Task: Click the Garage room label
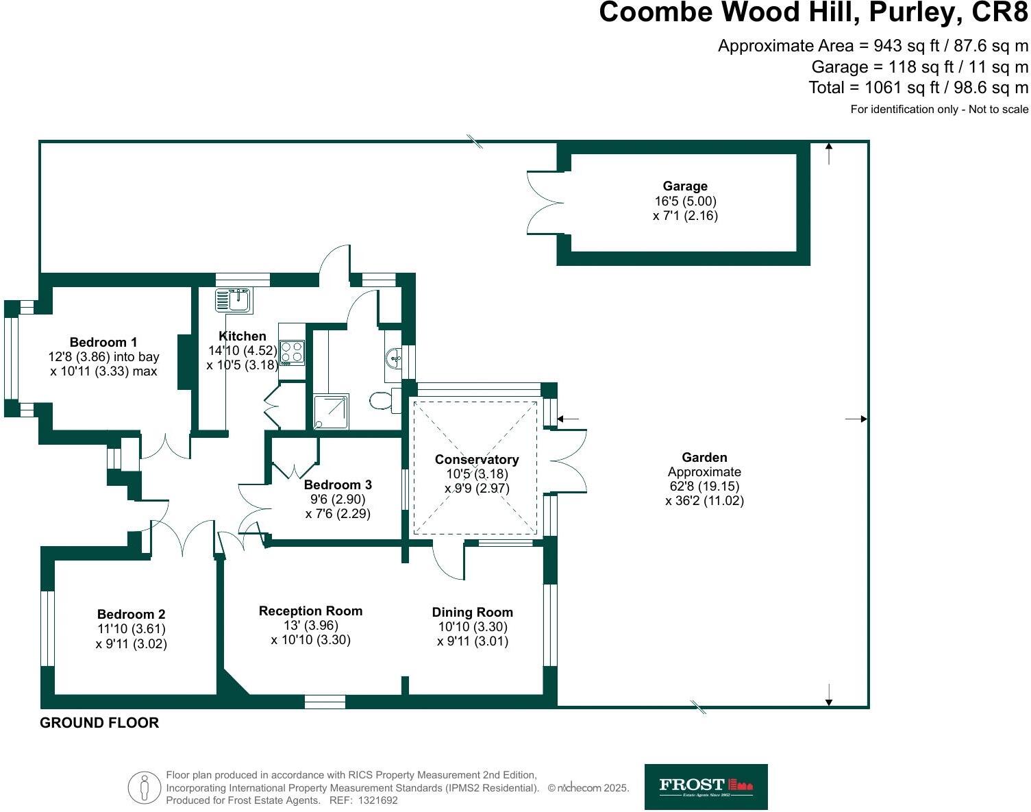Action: pyautogui.click(x=685, y=186)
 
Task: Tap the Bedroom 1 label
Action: pyautogui.click(x=103, y=342)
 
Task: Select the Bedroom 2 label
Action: pyautogui.click(x=131, y=614)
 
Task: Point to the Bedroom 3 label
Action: pyautogui.click(x=338, y=484)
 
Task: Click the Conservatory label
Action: pyautogui.click(x=477, y=459)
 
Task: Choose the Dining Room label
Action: pyautogui.click(x=472, y=612)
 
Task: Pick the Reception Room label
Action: pyautogui.click(x=310, y=611)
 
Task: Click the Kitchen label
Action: pyautogui.click(x=242, y=336)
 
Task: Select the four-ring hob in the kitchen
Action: pyautogui.click(x=292, y=353)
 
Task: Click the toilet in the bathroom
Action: pyautogui.click(x=384, y=400)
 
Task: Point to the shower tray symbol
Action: pyautogui.click(x=331, y=411)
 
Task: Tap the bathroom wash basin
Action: pyautogui.click(x=395, y=358)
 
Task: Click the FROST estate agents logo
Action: pyautogui.click(x=706, y=787)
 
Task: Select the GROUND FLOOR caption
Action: pyautogui.click(x=99, y=722)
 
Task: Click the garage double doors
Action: pyautogui.click(x=545, y=202)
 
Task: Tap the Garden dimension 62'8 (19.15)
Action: pyautogui.click(x=704, y=486)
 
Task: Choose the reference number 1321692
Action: pyautogui.click(x=373, y=800)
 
